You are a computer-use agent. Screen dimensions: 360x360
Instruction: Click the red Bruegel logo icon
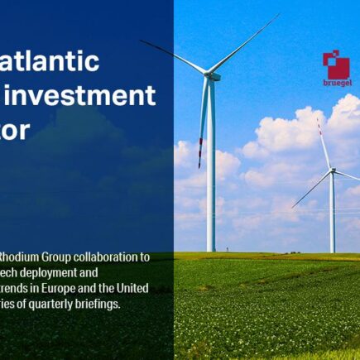(x=336, y=65)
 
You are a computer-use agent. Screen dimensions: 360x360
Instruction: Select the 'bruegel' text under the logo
(x=336, y=83)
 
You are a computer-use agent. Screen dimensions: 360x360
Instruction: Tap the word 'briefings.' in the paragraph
(x=103, y=303)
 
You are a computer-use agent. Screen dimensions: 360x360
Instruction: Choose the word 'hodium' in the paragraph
(x=20, y=257)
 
